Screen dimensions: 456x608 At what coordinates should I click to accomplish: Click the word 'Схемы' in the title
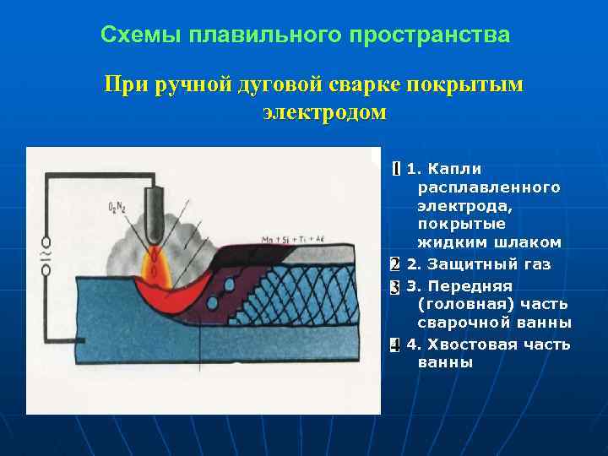point(128,35)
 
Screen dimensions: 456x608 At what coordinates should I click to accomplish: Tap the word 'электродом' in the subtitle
point(324,112)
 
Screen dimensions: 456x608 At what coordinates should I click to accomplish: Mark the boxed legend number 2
point(394,265)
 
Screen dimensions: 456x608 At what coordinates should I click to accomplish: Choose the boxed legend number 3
point(394,286)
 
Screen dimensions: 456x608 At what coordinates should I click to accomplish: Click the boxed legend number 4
point(394,345)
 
